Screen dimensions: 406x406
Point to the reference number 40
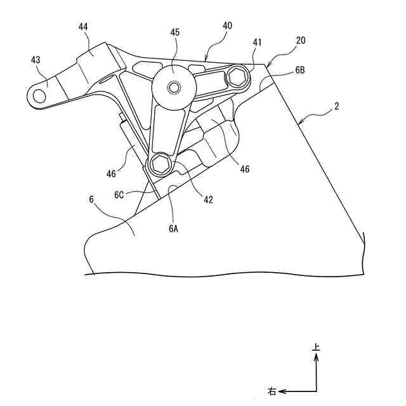[226, 26]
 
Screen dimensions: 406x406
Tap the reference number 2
[337, 107]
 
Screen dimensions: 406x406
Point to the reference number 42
[207, 200]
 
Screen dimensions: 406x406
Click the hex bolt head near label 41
[240, 78]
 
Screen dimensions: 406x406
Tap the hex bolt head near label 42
[159, 165]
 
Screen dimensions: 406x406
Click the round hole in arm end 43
[39, 95]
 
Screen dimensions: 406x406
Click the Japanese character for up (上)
[317, 348]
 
